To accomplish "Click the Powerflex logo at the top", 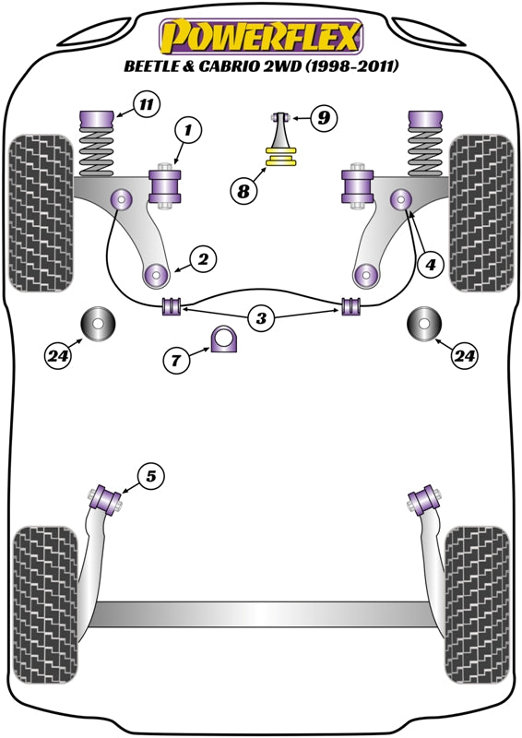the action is click(x=261, y=37).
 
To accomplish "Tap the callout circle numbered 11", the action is click(x=147, y=104).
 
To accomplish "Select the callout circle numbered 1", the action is click(x=188, y=130).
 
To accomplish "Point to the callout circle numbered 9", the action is click(x=324, y=117).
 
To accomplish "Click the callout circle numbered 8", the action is click(x=243, y=191).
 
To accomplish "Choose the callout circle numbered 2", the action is click(x=203, y=259).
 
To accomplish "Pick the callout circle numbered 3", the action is click(x=261, y=318).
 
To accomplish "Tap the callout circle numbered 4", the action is click(x=430, y=265).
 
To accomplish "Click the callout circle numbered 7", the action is click(x=176, y=361).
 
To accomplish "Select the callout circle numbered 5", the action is click(x=150, y=477).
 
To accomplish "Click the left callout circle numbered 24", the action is click(x=59, y=356).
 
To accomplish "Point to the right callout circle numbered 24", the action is click(x=465, y=356).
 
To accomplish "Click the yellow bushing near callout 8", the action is click(x=281, y=157).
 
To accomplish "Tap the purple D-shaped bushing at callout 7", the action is click(x=223, y=339).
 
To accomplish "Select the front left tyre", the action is click(x=42, y=213).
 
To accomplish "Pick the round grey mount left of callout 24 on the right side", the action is click(x=424, y=324).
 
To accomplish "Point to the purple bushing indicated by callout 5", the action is click(x=106, y=498).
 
